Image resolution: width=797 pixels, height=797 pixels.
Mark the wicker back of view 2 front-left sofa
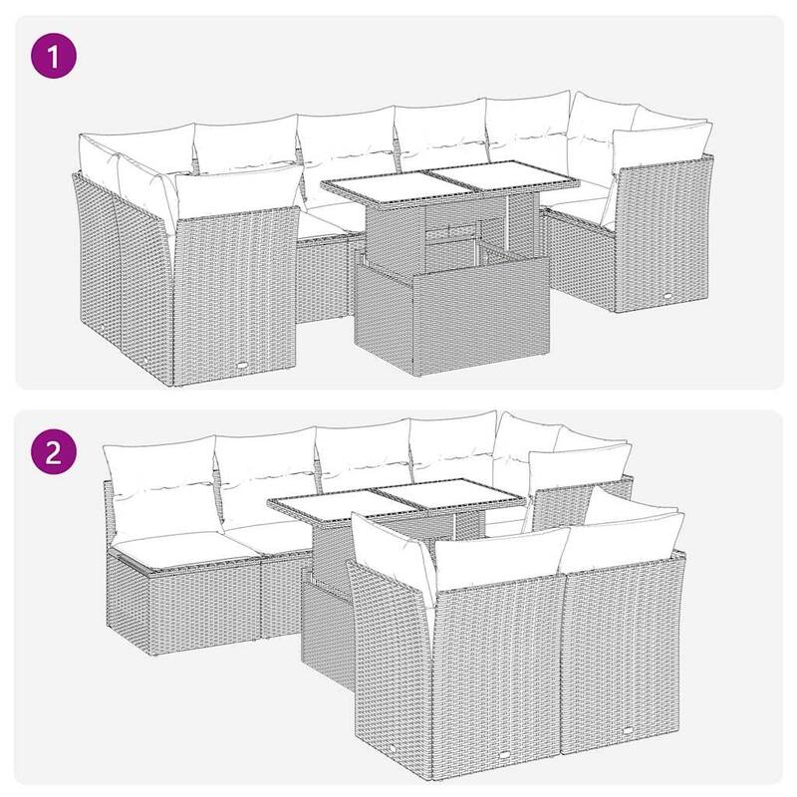point(488,667)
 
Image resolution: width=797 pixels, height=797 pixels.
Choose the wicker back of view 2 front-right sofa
point(623,658)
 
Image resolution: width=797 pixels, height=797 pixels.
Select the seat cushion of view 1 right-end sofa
point(583,209)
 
